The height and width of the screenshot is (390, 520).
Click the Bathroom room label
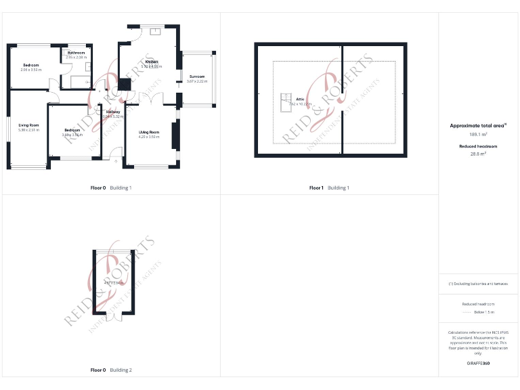click(76, 52)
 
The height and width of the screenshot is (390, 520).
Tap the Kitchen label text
click(151, 62)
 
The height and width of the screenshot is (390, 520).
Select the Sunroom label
click(197, 77)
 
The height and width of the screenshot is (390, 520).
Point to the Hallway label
click(112, 112)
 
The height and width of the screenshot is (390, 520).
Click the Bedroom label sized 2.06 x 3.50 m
click(31, 65)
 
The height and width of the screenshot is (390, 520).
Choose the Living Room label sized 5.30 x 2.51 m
click(28, 125)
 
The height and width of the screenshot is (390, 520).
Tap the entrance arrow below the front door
click(115, 162)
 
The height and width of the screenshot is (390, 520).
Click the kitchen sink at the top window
click(154, 30)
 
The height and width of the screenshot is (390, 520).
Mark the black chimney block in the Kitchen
click(125, 85)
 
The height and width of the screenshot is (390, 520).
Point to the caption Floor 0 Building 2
click(111, 370)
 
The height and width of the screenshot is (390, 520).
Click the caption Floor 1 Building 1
click(329, 188)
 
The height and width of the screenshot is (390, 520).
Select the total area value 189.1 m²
click(478, 135)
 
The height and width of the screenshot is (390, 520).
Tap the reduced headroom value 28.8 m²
click(478, 154)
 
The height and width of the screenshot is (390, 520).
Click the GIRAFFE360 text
click(478, 364)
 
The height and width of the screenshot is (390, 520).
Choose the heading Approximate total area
click(478, 125)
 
